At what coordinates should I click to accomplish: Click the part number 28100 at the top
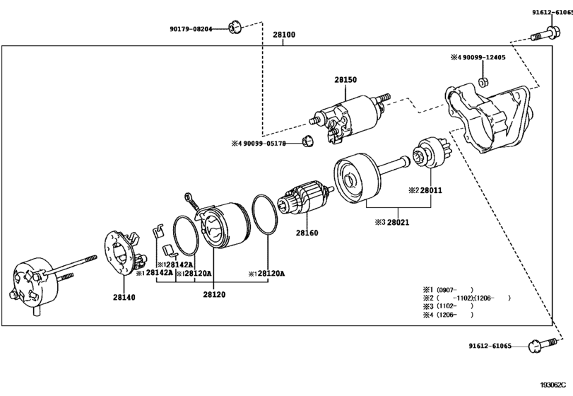coord(284,35)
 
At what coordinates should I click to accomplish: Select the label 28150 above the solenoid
coord(345,80)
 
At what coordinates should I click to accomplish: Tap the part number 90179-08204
coord(191,29)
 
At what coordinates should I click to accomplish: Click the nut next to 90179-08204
coord(235,28)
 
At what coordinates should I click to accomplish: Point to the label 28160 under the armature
coord(307,233)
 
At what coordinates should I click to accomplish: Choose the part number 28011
coord(431,190)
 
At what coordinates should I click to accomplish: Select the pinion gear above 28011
coord(430,153)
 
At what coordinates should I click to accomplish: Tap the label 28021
coord(398,222)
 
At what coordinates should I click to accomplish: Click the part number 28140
coord(124,297)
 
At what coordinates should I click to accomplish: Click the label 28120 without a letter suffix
coord(214,294)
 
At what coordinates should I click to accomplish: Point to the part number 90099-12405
coord(484,57)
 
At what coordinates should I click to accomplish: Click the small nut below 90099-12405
coord(483,82)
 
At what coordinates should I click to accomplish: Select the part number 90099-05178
coord(264,144)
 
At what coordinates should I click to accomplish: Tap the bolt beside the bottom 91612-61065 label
coord(543,345)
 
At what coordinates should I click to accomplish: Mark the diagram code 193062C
coord(556,385)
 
